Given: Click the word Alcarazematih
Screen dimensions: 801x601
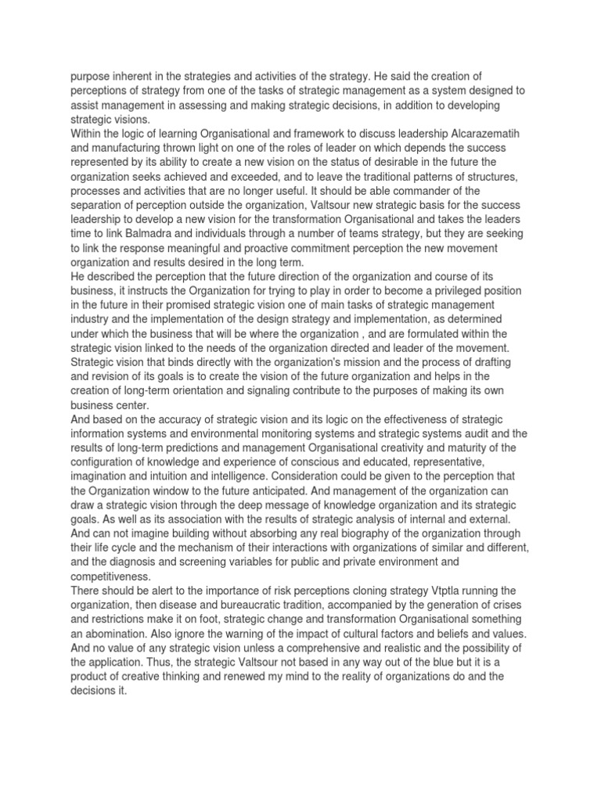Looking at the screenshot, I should coord(490,133).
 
